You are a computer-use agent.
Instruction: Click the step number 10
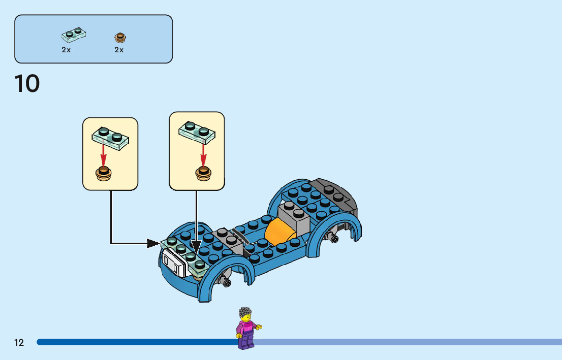point(27,84)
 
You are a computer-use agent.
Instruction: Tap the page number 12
point(19,343)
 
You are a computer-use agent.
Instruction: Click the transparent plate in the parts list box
point(74,34)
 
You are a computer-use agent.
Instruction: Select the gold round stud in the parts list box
point(120,37)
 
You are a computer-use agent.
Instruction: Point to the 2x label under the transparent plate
point(66,50)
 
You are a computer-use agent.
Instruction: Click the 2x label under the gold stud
point(119,50)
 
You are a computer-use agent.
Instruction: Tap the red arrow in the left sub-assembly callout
point(103,154)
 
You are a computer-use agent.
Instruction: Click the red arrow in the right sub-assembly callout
point(203,154)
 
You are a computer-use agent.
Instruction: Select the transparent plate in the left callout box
point(110,138)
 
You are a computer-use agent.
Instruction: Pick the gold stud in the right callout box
point(203,173)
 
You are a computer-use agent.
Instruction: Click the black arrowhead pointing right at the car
point(153,244)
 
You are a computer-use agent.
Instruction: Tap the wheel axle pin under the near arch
point(225,280)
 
